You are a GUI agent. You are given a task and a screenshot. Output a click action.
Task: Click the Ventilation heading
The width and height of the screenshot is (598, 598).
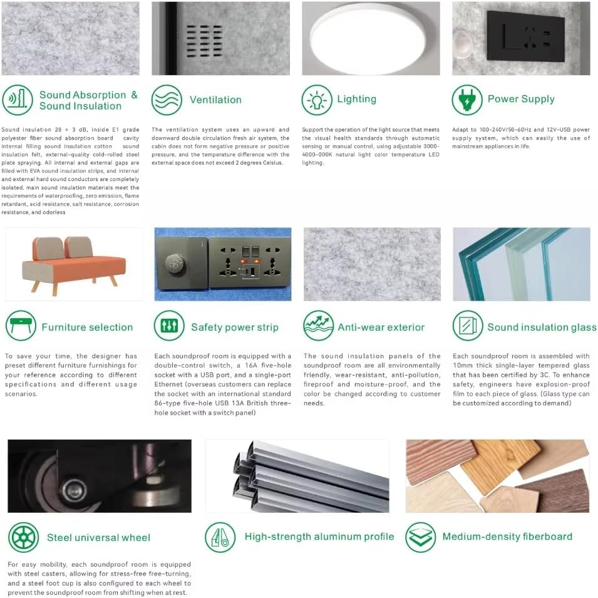215,100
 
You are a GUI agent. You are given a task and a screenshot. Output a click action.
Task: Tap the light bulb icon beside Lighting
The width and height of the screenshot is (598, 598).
317,100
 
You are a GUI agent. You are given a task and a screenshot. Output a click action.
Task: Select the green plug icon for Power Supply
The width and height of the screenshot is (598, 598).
467,100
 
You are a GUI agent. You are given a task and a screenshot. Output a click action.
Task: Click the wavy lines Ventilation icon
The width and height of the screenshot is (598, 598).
167,100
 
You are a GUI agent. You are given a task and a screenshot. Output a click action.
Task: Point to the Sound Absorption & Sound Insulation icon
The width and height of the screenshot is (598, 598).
17,100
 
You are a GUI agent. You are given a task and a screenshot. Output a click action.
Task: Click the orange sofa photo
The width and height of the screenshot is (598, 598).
74,264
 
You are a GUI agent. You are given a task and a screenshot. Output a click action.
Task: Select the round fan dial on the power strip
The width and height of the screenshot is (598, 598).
175,263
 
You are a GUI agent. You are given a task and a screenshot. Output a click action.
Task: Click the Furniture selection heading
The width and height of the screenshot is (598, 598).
87,327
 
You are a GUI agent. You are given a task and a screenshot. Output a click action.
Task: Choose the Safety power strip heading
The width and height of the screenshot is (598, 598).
235,327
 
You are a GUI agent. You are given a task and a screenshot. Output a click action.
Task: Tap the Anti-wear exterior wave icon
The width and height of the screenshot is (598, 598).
319,326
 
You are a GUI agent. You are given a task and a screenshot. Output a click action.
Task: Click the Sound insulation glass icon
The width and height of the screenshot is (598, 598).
468,326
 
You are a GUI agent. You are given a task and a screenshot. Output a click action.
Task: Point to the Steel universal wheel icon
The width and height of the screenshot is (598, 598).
24,537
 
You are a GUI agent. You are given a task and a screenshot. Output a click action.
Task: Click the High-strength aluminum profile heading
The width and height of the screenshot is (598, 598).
319,537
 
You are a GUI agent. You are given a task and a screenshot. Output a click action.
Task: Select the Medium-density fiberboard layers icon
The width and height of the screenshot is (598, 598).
420,537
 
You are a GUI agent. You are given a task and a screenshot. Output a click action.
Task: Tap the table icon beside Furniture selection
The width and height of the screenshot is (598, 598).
21,326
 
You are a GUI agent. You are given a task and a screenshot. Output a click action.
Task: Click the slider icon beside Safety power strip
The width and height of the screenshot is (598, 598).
169,326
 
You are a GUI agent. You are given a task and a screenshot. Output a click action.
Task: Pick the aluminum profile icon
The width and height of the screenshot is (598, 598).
220,537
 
